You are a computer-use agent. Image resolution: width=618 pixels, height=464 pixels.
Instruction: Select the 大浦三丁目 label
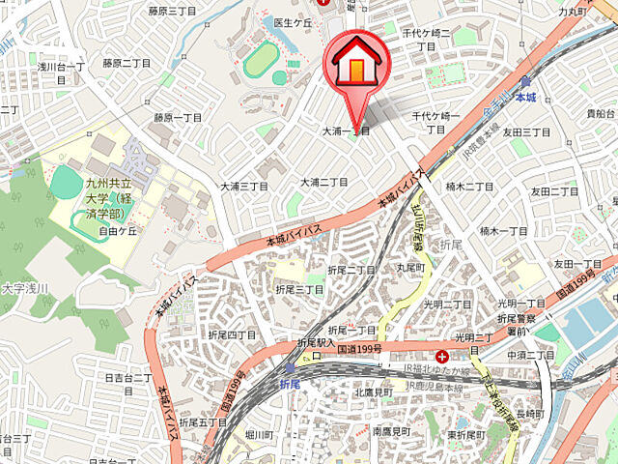[243, 186]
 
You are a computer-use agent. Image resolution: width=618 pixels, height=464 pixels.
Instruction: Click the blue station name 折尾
[291, 384]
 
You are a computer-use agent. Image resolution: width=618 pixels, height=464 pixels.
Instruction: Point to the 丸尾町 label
[410, 266]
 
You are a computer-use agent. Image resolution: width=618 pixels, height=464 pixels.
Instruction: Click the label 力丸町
[574, 12]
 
